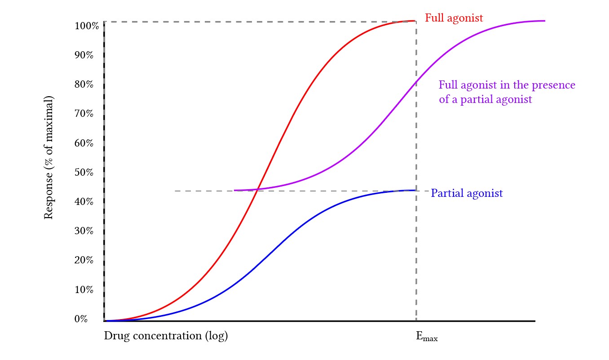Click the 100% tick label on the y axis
(87, 25)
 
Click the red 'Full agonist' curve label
(454, 18)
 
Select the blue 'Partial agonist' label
(467, 193)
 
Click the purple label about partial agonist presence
(507, 92)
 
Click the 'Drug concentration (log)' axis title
(166, 336)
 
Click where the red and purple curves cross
(257, 189)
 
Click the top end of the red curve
(414, 21)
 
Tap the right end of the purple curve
(544, 21)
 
